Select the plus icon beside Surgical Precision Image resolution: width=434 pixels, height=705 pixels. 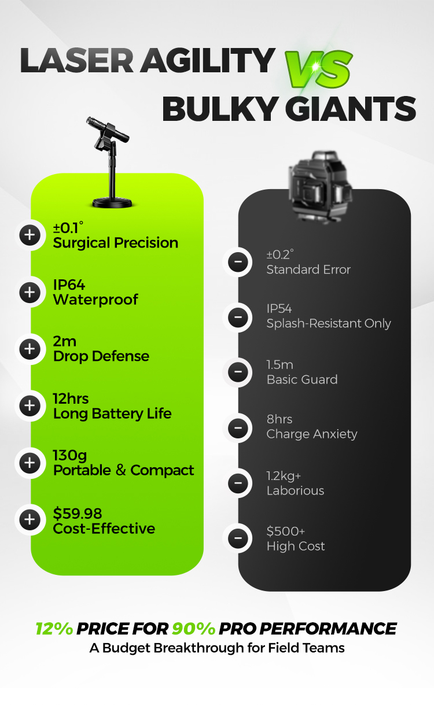click(x=30, y=235)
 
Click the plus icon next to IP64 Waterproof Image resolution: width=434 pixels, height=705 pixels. click(x=30, y=292)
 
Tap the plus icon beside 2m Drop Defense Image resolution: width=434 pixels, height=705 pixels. click(x=30, y=349)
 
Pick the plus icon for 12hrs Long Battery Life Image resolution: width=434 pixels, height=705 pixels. click(x=30, y=405)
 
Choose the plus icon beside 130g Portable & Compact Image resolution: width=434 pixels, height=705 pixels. click(x=30, y=462)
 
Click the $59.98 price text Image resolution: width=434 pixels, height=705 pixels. click(x=78, y=513)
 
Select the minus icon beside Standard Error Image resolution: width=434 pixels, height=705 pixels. click(x=237, y=262)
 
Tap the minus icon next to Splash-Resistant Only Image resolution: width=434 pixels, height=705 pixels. click(x=237, y=316)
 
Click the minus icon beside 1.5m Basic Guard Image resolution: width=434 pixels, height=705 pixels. click(x=237, y=372)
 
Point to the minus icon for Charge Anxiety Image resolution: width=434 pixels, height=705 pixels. click(x=237, y=428)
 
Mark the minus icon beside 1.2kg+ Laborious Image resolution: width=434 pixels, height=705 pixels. click(x=237, y=483)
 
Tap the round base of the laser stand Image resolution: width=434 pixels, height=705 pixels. click(x=112, y=201)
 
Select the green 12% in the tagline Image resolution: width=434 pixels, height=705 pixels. click(x=54, y=629)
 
